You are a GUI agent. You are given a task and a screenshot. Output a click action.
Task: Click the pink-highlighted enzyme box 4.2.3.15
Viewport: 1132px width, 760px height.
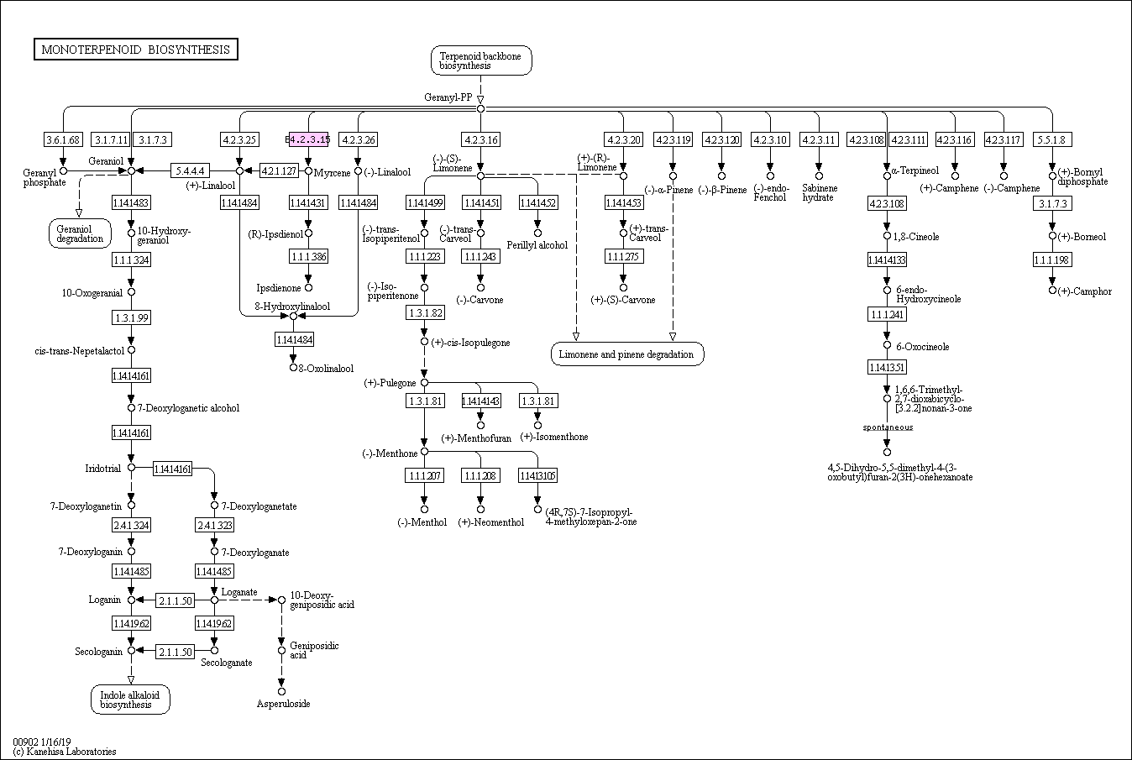click(x=309, y=139)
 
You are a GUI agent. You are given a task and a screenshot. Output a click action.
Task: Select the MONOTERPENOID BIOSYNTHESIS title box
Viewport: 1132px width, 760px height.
click(x=135, y=50)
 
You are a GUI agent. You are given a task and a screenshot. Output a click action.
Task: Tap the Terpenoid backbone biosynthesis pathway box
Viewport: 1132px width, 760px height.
click(x=480, y=60)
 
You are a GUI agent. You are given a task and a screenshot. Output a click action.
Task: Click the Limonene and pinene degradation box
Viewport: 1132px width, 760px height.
click(x=626, y=354)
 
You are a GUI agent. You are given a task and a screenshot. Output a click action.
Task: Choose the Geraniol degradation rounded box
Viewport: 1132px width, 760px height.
click(x=80, y=233)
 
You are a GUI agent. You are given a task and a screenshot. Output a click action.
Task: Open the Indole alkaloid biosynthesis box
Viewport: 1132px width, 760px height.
click(x=130, y=700)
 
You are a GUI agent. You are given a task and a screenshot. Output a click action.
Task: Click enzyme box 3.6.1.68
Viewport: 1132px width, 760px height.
click(x=63, y=139)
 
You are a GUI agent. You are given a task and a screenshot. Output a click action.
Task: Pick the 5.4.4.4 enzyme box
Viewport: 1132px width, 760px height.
click(x=190, y=170)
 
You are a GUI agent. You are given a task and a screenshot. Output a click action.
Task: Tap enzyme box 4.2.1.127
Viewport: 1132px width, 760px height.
click(x=279, y=170)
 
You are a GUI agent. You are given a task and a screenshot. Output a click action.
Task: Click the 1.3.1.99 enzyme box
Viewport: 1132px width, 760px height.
click(x=131, y=317)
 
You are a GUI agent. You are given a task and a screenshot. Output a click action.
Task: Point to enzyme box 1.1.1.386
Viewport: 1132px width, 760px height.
click(x=308, y=256)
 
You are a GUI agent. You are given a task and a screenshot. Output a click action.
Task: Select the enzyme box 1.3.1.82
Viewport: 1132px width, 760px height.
click(x=424, y=312)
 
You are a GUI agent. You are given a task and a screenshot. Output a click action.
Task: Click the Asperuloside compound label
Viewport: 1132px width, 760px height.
click(x=283, y=704)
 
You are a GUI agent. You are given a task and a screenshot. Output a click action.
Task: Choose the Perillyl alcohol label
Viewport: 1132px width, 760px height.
click(x=537, y=245)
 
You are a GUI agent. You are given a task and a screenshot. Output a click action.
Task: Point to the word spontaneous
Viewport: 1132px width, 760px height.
click(x=888, y=427)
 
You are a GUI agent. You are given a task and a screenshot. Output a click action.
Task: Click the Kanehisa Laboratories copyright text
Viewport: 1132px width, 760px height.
click(x=65, y=752)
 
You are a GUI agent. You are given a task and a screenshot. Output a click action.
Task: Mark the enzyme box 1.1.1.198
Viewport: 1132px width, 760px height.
click(x=1051, y=259)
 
